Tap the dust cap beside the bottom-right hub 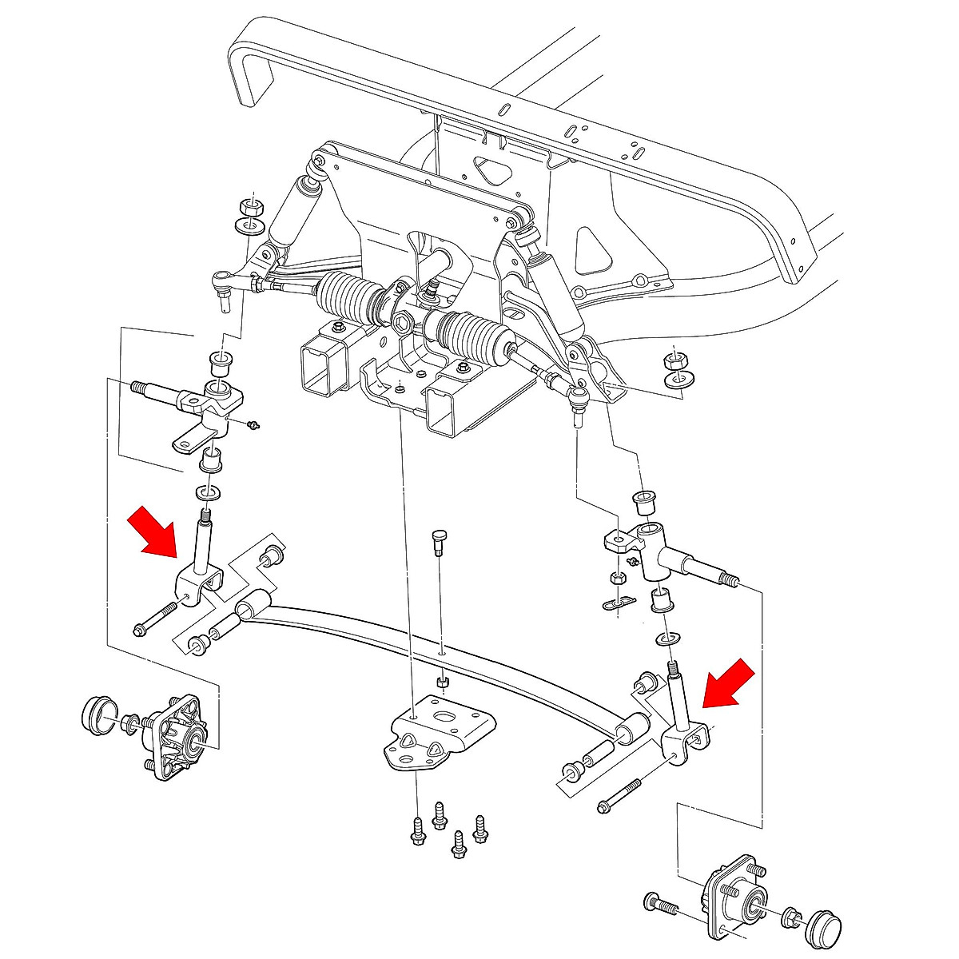click(x=823, y=926)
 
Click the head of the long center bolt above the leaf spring click(x=437, y=536)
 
